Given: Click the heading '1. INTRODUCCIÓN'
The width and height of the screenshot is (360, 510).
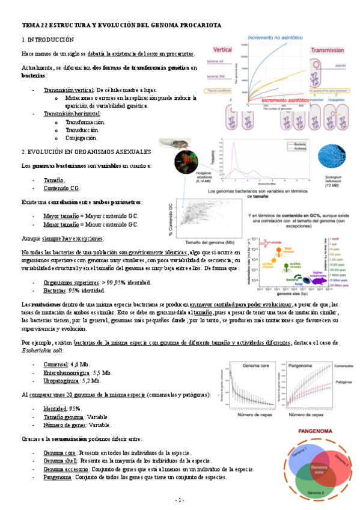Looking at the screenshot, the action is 47,39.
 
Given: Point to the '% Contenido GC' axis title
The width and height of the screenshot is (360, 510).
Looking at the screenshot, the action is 172,216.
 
